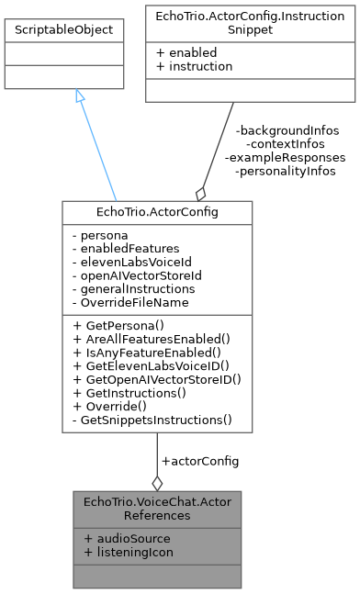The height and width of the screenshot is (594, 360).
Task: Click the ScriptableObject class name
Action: click(64, 30)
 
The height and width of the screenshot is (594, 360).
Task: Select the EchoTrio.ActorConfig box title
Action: click(156, 212)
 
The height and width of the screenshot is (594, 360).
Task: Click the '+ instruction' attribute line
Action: click(193, 66)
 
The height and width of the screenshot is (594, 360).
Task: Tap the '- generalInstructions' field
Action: click(132, 287)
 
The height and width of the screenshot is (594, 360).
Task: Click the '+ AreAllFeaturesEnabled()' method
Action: click(150, 339)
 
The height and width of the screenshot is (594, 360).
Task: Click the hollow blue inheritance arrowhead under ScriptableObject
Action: click(80, 96)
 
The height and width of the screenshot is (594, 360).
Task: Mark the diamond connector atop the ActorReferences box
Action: click(157, 482)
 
